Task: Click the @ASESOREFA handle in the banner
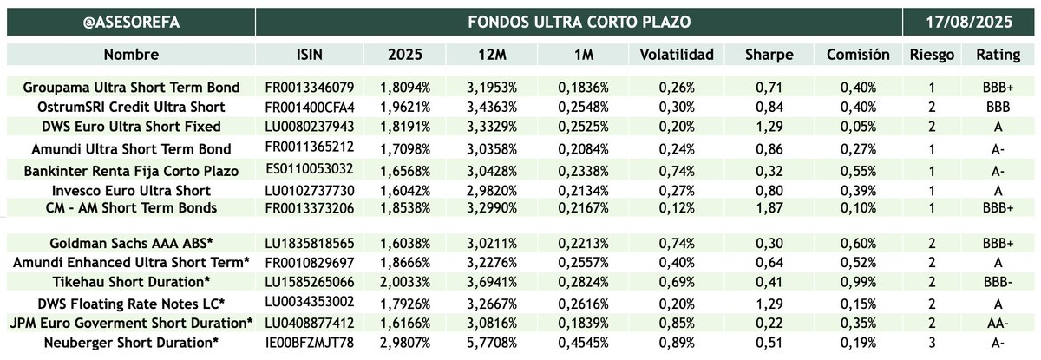pyautogui.click(x=130, y=21)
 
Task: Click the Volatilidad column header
pyautogui.click(x=676, y=55)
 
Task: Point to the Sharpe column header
pyautogui.click(x=769, y=55)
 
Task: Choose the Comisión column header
pyautogui.click(x=858, y=55)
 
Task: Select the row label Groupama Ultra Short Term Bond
pyautogui.click(x=131, y=88)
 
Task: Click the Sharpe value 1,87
pyautogui.click(x=769, y=207)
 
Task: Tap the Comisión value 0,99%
pyautogui.click(x=858, y=282)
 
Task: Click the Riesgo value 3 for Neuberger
pyautogui.click(x=932, y=342)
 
